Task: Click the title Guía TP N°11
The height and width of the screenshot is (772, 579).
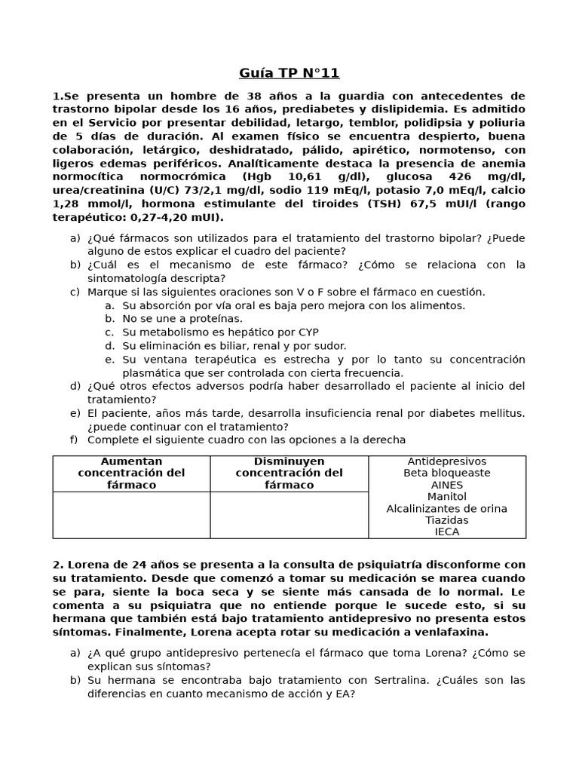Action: coord(289,73)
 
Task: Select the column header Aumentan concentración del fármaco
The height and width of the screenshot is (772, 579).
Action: coord(131,473)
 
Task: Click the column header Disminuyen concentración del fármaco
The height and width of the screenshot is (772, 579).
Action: coord(289,473)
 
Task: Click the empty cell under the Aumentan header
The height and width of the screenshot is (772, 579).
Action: coord(131,515)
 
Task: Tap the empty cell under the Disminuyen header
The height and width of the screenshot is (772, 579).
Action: coord(289,515)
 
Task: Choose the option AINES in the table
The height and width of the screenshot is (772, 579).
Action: coord(447,485)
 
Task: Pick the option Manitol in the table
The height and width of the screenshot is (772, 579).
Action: coord(447,497)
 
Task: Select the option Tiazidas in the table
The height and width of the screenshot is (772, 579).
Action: coord(447,520)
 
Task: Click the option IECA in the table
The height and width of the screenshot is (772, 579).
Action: coord(447,532)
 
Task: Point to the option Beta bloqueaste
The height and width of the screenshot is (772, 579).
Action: coord(447,473)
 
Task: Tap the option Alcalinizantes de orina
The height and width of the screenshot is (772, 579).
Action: coord(447,509)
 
